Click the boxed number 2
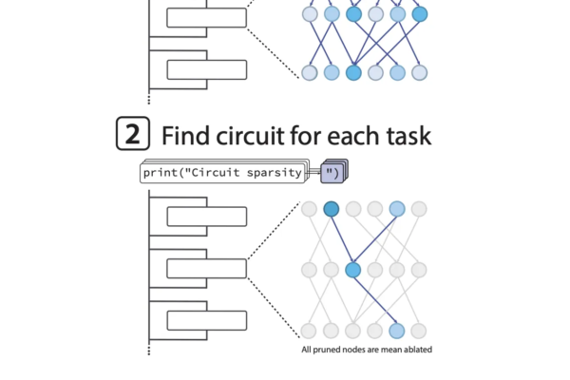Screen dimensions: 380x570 point(132,134)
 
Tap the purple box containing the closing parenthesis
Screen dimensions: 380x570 point(333,171)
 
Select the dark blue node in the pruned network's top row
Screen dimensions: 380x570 point(332,209)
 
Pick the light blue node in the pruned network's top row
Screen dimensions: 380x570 point(397,209)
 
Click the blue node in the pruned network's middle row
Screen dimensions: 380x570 point(353,270)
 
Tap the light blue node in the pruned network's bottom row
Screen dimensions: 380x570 point(397,331)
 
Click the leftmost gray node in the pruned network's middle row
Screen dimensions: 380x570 point(310,270)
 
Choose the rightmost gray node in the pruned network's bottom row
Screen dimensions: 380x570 point(419,331)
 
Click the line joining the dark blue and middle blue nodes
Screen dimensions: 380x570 point(342,239)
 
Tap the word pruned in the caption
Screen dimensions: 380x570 point(330,350)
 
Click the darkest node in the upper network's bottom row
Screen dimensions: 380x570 point(353,72)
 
